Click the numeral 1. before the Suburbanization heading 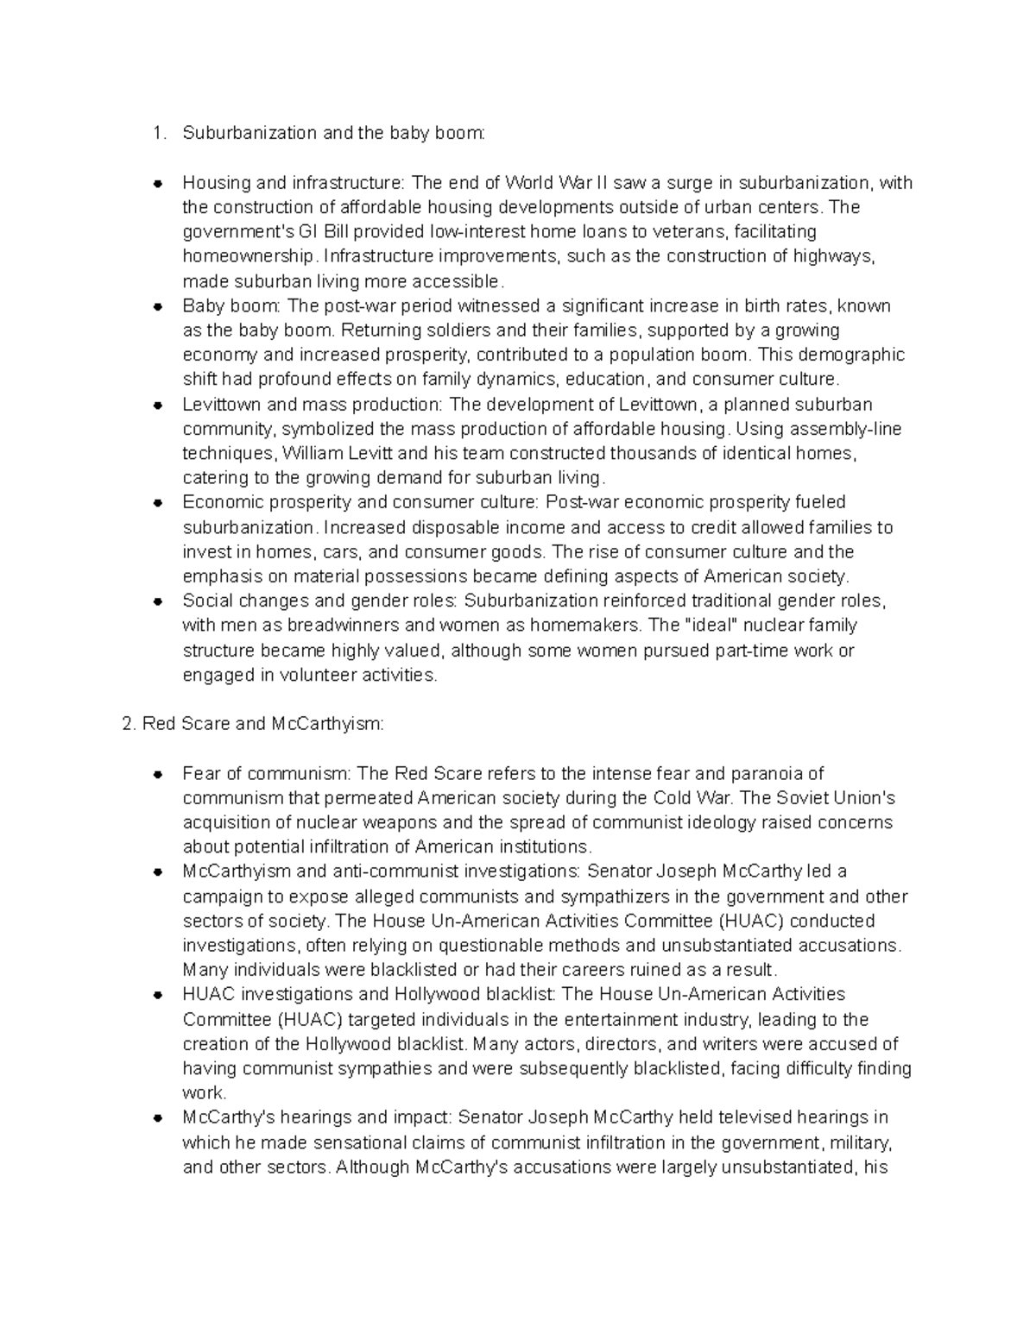[x=157, y=133]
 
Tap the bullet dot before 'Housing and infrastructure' [x=158, y=183]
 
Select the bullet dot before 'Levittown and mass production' [x=158, y=405]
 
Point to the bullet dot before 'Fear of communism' [x=158, y=774]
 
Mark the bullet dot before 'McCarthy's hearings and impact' [x=158, y=1118]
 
